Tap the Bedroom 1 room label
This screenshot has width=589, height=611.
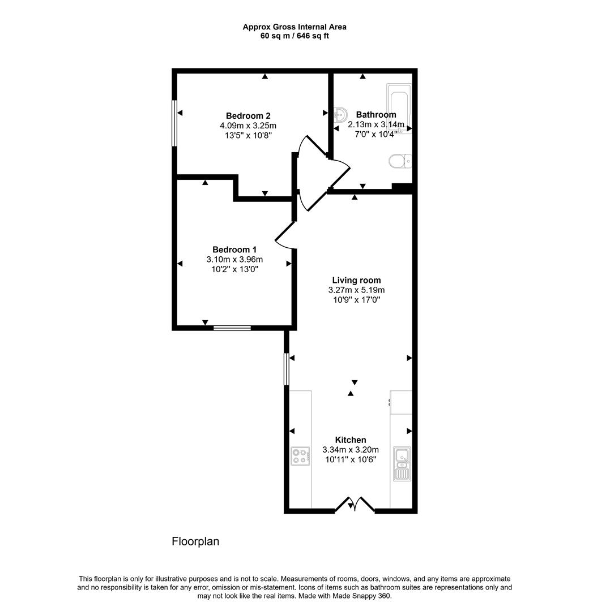pos(234,249)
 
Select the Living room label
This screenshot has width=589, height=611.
pos(356,280)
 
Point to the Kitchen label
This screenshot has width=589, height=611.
pos(351,440)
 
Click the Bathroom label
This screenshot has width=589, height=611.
pos(375,114)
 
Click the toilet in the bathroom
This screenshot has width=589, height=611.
pos(400,162)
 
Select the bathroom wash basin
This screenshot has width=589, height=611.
pos(341,114)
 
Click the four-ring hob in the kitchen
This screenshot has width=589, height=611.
pos(300,455)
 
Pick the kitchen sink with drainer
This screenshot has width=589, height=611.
pos(402,463)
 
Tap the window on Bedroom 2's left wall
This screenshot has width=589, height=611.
pos(174,123)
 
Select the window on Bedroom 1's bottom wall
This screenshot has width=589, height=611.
pos(232,327)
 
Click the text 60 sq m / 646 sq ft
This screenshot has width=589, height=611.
pos(294,36)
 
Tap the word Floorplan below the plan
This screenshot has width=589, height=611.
pos(195,541)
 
